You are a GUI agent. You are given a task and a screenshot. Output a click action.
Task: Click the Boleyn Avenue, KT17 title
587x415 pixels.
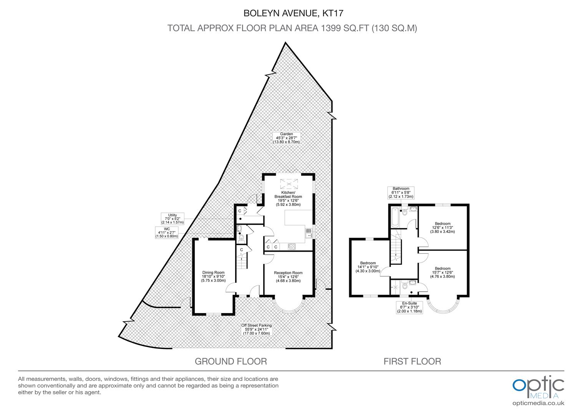click(x=293, y=13)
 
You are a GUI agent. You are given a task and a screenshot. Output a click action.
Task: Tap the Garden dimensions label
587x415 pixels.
click(x=287, y=138)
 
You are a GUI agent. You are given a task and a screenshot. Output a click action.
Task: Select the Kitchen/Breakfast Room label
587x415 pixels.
click(x=288, y=198)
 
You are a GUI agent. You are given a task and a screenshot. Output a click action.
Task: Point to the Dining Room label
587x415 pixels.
click(x=213, y=276)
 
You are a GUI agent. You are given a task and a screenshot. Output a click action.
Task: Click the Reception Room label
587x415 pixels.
click(x=288, y=277)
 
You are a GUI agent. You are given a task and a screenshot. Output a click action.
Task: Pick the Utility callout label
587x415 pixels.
click(x=172, y=219)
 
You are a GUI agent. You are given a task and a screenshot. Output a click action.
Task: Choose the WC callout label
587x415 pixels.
click(x=167, y=232)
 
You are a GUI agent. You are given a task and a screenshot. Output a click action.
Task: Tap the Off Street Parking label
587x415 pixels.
click(x=257, y=329)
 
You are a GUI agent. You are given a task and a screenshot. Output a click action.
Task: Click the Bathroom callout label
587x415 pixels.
click(x=401, y=193)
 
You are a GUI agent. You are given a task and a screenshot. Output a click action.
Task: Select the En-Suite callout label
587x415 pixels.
click(x=410, y=307)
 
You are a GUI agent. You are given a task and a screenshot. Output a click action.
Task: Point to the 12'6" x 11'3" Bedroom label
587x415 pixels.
click(x=442, y=227)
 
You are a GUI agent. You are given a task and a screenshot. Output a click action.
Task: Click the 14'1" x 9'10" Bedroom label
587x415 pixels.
click(x=368, y=267)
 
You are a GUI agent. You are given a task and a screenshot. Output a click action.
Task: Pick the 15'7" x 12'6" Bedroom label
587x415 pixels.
click(x=442, y=272)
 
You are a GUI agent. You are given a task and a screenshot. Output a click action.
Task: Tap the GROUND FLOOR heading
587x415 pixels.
click(x=231, y=361)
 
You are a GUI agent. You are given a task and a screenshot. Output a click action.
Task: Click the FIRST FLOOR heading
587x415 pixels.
click(x=412, y=361)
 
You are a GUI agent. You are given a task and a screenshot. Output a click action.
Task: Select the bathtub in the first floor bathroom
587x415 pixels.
click(x=395, y=217)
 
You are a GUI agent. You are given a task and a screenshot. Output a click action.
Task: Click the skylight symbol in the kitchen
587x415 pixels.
click(x=289, y=184)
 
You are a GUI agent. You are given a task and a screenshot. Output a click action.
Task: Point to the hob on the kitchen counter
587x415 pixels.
click(x=292, y=246)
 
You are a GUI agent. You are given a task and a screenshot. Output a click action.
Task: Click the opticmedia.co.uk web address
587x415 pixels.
click(x=538, y=403)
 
